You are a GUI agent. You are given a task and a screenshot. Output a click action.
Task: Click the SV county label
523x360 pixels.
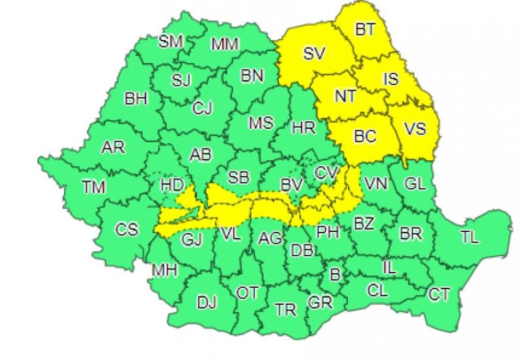(314, 52)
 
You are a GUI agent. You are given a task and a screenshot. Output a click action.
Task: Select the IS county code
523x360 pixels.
(391, 80)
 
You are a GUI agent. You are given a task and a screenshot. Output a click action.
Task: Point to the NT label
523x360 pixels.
(345, 97)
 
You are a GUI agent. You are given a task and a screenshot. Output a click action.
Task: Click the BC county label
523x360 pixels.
(365, 137)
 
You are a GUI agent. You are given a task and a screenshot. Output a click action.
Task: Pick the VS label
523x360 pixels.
(415, 129)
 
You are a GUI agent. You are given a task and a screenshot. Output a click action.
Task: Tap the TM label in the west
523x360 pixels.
(94, 186)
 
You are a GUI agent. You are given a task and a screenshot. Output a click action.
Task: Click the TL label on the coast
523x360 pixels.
(469, 237)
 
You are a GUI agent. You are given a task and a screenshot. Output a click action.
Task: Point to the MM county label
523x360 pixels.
(225, 44)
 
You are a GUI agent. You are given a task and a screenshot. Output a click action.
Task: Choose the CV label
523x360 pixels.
(327, 172)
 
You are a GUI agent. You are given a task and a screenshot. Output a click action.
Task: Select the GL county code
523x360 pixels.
(416, 184)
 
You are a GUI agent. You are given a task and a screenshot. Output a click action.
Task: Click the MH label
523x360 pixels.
(165, 270)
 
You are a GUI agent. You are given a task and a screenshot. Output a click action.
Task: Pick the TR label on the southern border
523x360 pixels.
(286, 309)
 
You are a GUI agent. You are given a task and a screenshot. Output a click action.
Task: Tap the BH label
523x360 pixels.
(136, 98)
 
